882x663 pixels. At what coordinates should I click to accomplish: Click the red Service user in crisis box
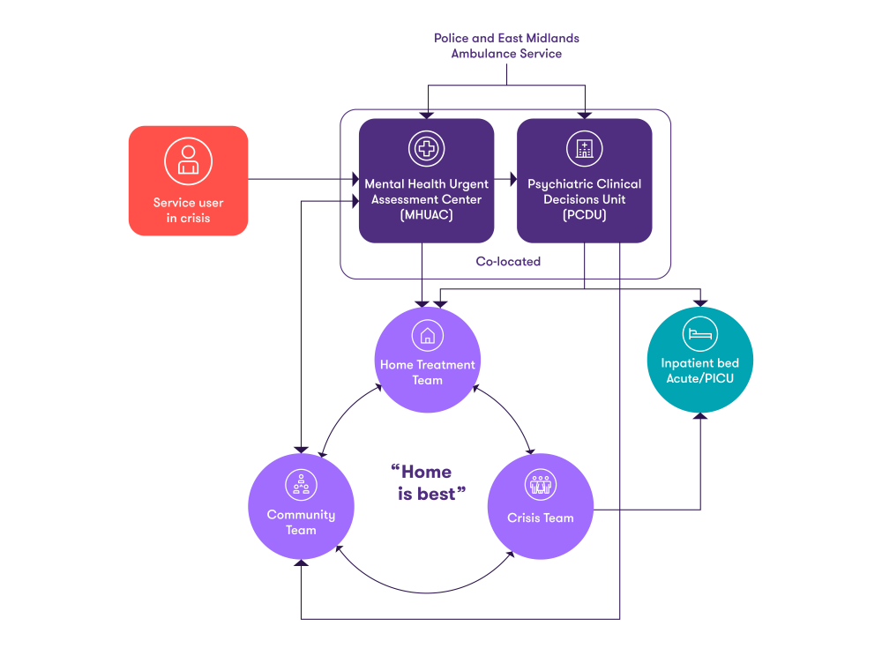point(188,181)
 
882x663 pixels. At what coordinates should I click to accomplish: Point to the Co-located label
point(508,262)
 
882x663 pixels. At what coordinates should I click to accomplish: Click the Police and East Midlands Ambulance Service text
point(506,46)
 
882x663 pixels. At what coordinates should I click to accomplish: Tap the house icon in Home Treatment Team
point(428,335)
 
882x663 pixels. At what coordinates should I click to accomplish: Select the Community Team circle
point(301,506)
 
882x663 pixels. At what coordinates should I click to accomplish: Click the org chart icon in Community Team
point(301,484)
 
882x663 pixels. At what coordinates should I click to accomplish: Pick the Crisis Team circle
point(540,506)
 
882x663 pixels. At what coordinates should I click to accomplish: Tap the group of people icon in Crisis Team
point(540,484)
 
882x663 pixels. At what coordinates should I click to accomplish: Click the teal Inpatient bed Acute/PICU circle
point(700,360)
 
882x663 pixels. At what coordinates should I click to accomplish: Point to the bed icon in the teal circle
point(700,334)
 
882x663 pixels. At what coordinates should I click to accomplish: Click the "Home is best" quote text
point(428,482)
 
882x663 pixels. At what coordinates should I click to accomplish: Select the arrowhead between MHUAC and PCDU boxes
point(512,180)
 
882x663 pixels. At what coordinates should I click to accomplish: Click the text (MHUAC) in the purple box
point(426,215)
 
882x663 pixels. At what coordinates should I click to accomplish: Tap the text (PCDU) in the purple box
point(585,215)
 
